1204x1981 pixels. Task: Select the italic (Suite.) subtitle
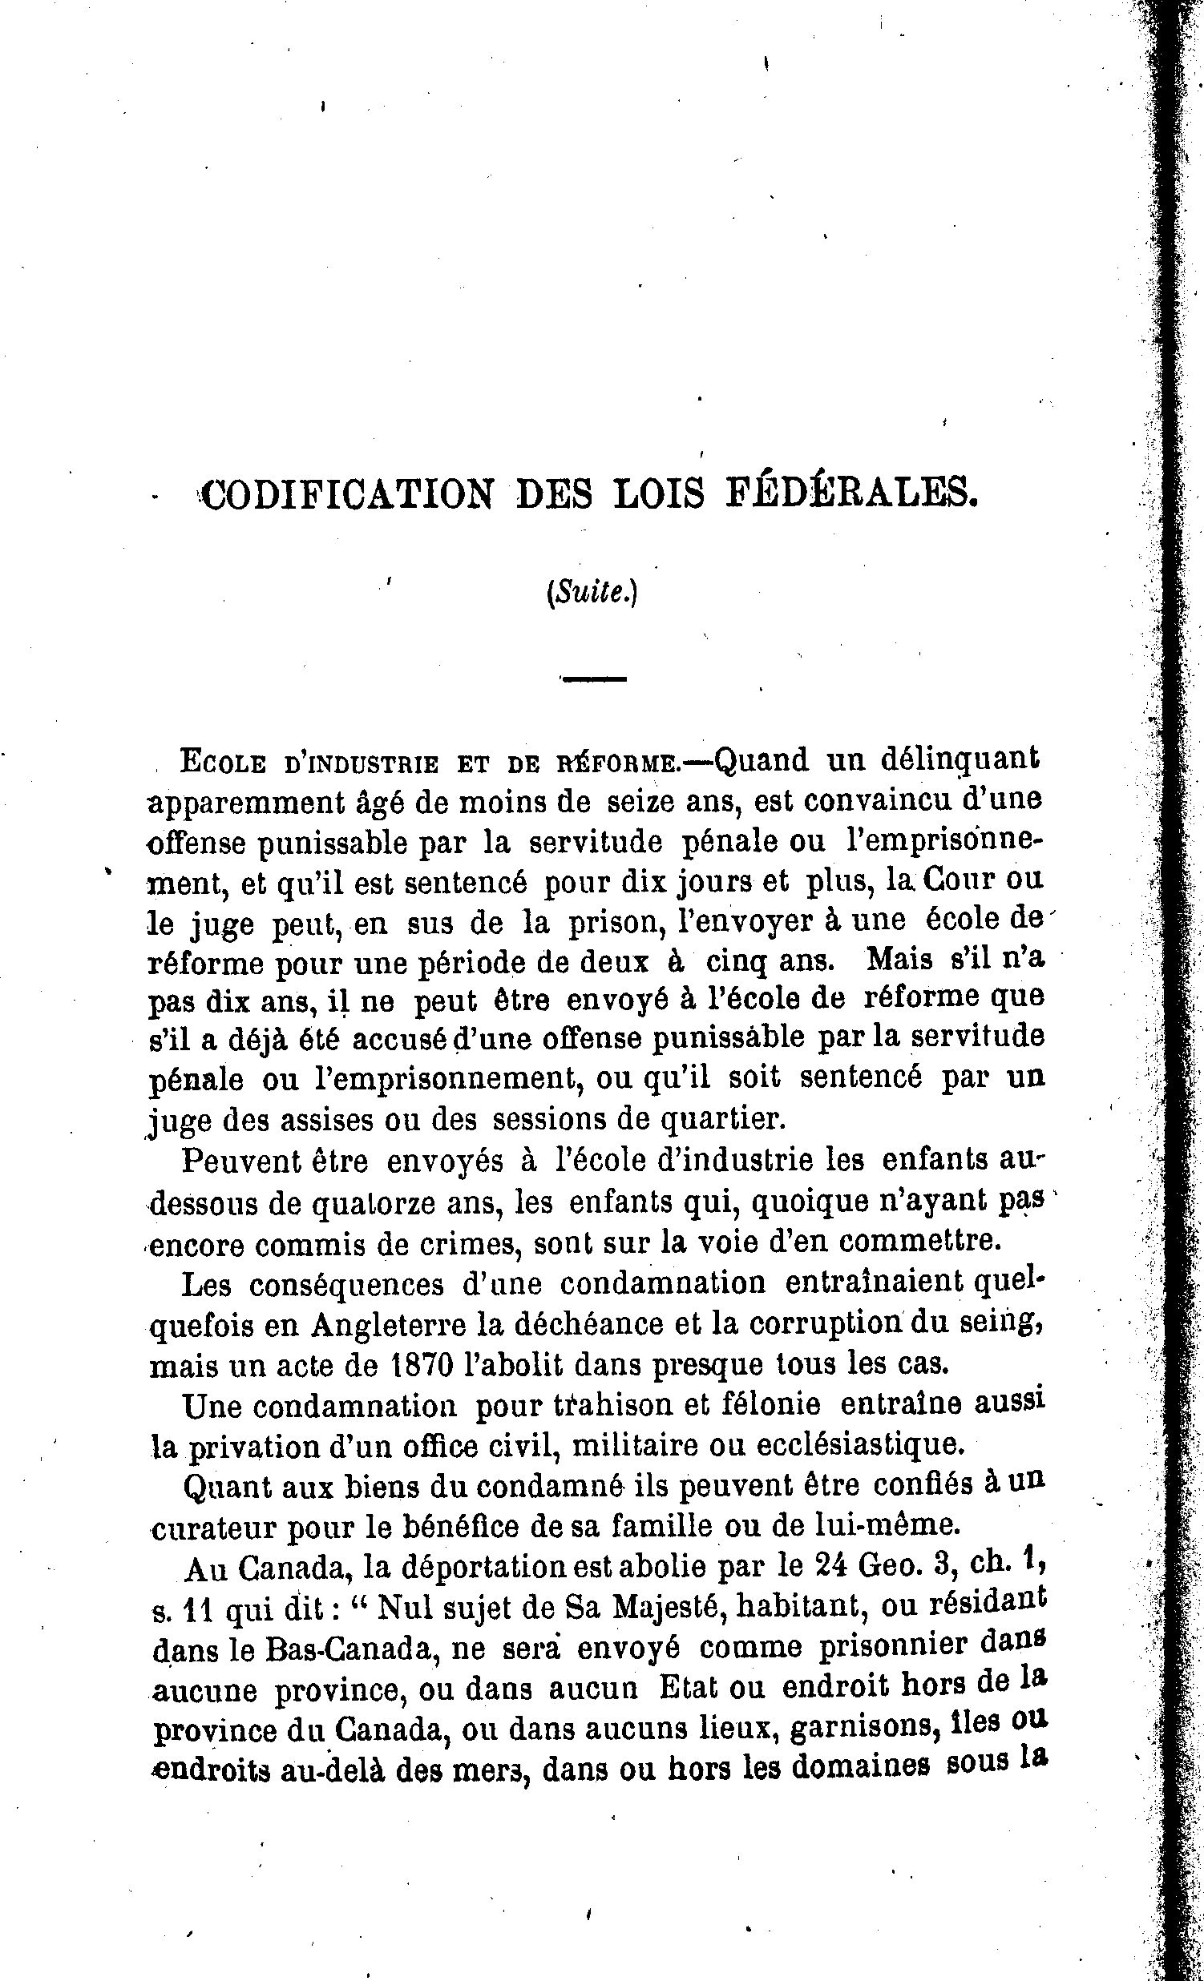point(592,594)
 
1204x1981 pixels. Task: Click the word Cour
point(958,879)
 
